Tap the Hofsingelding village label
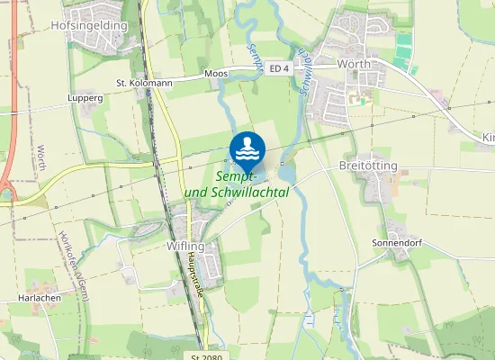[90, 26]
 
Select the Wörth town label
[353, 65]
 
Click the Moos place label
[216, 73]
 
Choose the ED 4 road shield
[279, 67]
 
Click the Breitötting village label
[368, 166]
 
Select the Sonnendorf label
[398, 244]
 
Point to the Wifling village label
[186, 246]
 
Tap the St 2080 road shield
[206, 356]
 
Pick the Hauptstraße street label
[195, 281]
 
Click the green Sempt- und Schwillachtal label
[236, 185]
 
